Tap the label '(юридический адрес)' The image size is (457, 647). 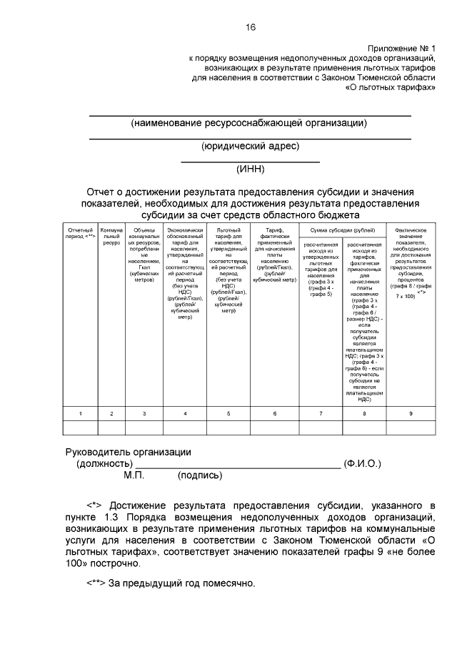[250, 146]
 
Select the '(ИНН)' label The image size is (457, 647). [250, 169]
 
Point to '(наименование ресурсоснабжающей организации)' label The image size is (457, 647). [249, 123]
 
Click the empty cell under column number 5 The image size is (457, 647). [228, 428]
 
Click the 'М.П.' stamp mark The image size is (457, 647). [134, 475]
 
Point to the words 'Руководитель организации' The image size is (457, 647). [129, 452]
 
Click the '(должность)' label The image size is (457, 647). [104, 463]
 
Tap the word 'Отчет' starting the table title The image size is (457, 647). [100, 192]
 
